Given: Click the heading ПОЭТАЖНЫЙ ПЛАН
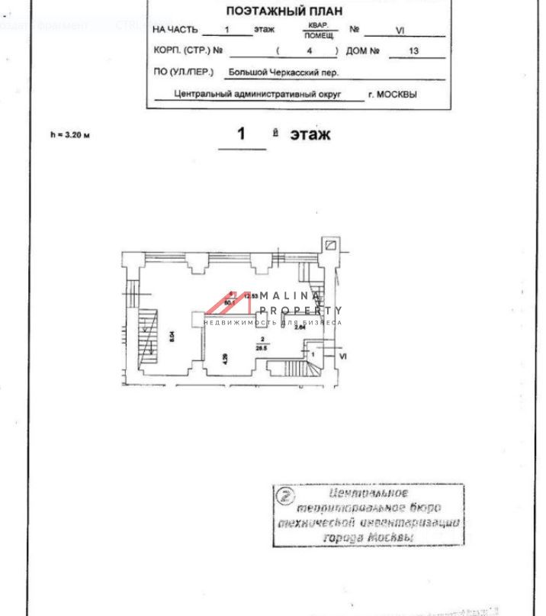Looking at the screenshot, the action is pos(284,11).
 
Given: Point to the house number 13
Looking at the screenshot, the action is pos(413,51).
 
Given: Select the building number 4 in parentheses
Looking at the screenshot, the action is pos(309,51).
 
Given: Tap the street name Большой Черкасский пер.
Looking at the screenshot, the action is pos(284,73).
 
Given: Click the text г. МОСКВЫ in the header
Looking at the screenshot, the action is pos(393,95).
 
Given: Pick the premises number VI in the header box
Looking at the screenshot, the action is pos(400,31).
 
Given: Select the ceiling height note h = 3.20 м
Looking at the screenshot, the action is pos(70,135).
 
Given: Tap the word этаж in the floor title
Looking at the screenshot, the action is pos(310,134).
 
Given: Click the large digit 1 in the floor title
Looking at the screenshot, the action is pos(242,134).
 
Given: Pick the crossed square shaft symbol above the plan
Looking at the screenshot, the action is pos(331,245).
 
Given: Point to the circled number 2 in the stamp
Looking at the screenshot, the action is pos(285,496).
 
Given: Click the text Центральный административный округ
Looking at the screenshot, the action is pos(258,95).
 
